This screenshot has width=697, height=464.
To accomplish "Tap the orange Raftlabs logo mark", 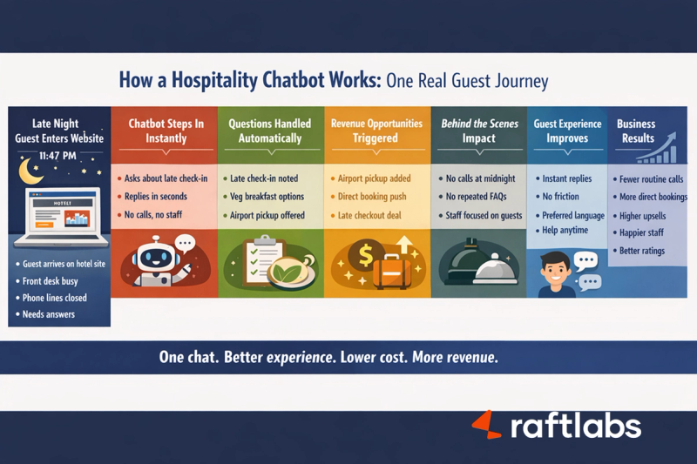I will [x=485, y=424].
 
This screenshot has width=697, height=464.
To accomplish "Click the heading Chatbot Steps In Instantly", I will [x=166, y=131].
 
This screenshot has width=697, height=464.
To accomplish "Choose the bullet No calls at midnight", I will [x=480, y=178].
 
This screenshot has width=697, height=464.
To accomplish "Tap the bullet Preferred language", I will [x=572, y=215].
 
